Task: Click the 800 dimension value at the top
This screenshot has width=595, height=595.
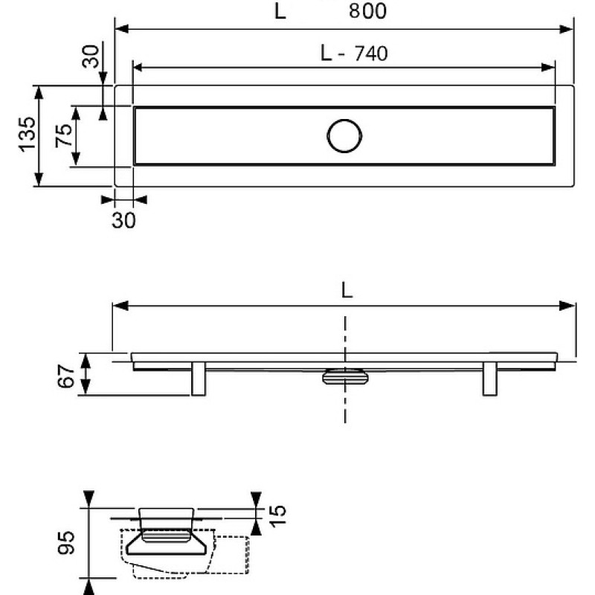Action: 367,11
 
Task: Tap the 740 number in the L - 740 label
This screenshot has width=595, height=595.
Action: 371,54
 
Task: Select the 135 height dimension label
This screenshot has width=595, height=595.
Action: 28,135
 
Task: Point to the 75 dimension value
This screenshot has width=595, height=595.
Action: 64,135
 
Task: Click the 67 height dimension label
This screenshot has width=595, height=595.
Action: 66,376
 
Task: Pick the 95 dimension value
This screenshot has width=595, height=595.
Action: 66,543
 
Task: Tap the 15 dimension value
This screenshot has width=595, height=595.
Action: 277,515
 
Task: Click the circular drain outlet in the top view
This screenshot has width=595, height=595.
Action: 344,136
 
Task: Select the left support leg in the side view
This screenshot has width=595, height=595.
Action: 198,379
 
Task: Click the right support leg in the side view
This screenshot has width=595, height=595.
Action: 489,379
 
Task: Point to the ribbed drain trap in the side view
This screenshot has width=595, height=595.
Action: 345,376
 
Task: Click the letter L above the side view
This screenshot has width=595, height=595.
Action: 347,291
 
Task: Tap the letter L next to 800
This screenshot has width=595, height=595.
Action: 280,11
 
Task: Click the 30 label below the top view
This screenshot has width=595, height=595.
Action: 123,220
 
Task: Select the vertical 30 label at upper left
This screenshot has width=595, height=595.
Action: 90,57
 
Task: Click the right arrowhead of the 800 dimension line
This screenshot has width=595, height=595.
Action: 566,29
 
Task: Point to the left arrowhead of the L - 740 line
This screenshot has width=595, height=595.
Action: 138,68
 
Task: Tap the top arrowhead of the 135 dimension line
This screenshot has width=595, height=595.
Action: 39,92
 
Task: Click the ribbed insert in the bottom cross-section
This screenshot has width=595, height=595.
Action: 166,536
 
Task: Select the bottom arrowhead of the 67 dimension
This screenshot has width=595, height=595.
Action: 86,387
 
